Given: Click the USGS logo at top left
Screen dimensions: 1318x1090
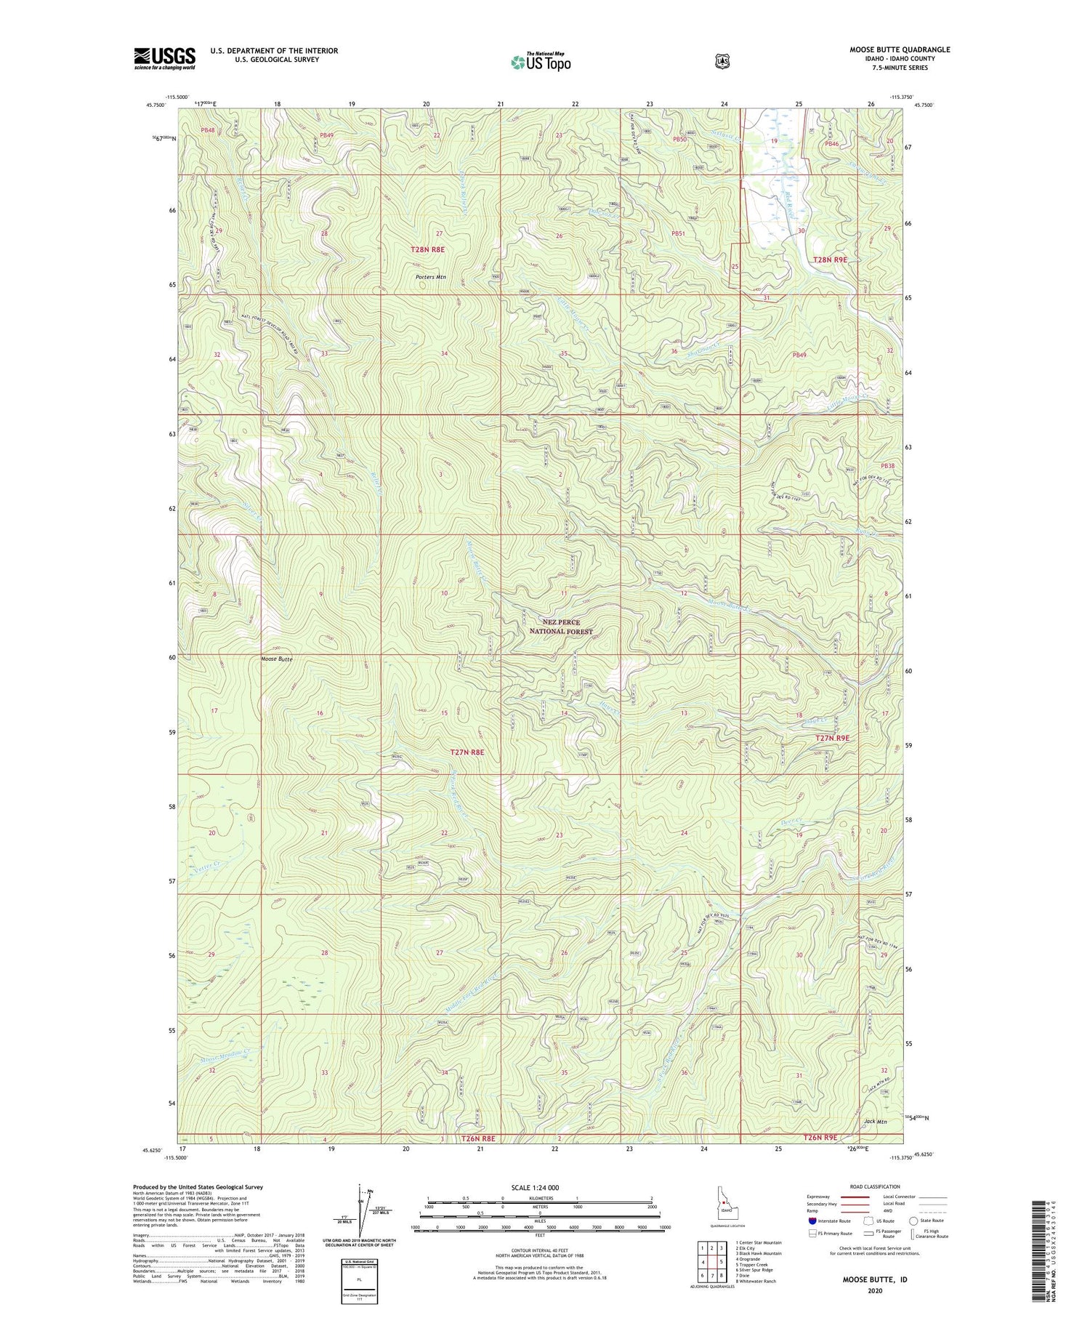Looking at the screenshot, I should (164, 58).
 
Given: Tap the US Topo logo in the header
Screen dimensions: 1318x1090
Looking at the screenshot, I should (541, 62).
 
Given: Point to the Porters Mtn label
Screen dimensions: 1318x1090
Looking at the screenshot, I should (430, 277).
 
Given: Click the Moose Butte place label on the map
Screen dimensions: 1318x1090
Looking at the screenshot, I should (277, 658).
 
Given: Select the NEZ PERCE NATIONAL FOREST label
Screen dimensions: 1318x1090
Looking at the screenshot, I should (557, 627).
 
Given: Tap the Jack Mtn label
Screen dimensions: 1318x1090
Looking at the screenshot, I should (876, 1121).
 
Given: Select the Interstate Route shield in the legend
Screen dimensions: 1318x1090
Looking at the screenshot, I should (812, 1221).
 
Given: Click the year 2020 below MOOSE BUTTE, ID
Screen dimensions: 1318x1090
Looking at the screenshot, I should (874, 1290).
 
